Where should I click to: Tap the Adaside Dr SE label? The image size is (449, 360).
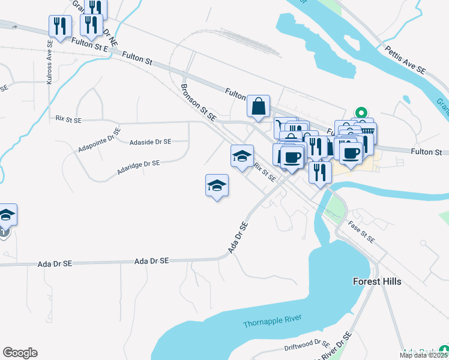point(150,142)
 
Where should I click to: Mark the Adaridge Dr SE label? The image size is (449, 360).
point(139,166)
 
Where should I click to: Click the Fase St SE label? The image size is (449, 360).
point(362,232)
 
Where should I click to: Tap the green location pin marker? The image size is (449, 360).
point(361,112)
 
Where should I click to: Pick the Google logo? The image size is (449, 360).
point(20,353)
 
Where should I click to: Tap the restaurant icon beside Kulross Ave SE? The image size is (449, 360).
point(59,25)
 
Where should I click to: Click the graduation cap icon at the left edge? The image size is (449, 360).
point(6,214)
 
